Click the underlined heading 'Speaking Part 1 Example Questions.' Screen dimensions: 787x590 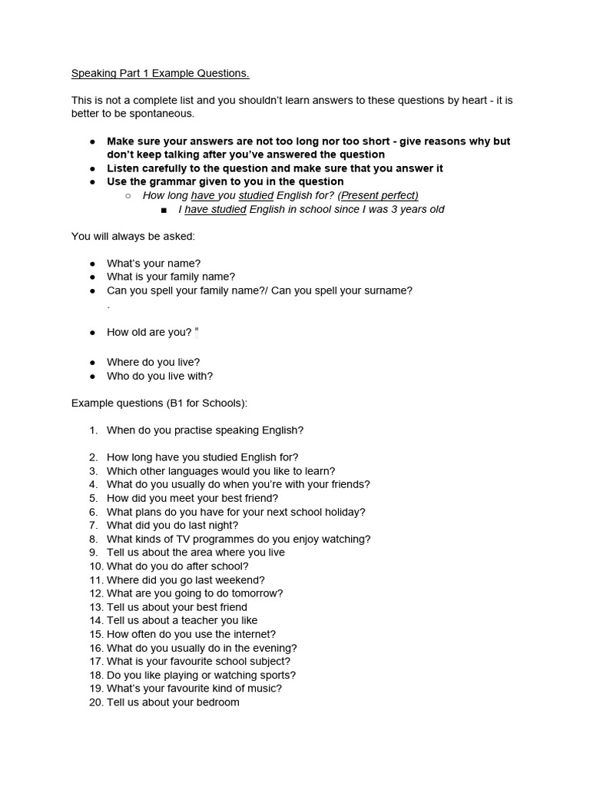pyautogui.click(x=160, y=74)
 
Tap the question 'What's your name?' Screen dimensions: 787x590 pyautogui.click(x=154, y=263)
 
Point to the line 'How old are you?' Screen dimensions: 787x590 pyautogui.click(x=149, y=332)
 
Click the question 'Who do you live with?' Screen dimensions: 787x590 pyautogui.click(x=160, y=376)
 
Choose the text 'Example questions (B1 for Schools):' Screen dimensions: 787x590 pyautogui.click(x=159, y=403)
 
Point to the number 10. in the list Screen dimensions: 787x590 pyautogui.click(x=95, y=566)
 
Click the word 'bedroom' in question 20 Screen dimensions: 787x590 pyautogui.click(x=219, y=702)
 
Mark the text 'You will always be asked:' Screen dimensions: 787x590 pyautogui.click(x=133, y=236)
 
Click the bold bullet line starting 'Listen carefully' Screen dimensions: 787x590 pyautogui.click(x=274, y=168)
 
